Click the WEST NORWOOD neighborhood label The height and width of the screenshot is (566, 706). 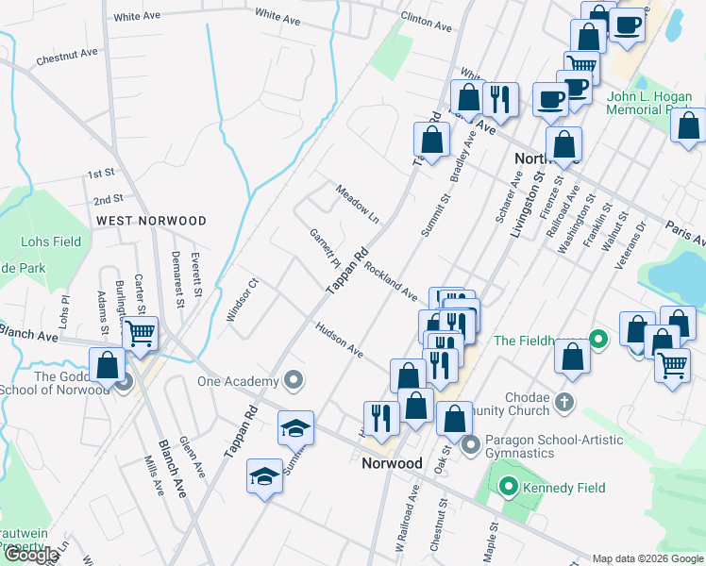coord(151,221)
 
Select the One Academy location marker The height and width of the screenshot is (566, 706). coord(294,381)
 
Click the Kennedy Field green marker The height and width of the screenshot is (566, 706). coord(509,488)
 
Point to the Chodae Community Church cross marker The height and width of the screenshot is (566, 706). coord(563,401)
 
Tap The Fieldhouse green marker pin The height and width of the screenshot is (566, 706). coord(597,339)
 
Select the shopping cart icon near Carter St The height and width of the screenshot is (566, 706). coord(140,334)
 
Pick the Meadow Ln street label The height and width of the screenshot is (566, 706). coord(358,204)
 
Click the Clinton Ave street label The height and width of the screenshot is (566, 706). coord(423,18)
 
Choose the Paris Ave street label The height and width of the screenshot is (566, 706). coord(684,234)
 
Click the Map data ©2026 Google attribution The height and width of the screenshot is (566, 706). coord(647,558)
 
